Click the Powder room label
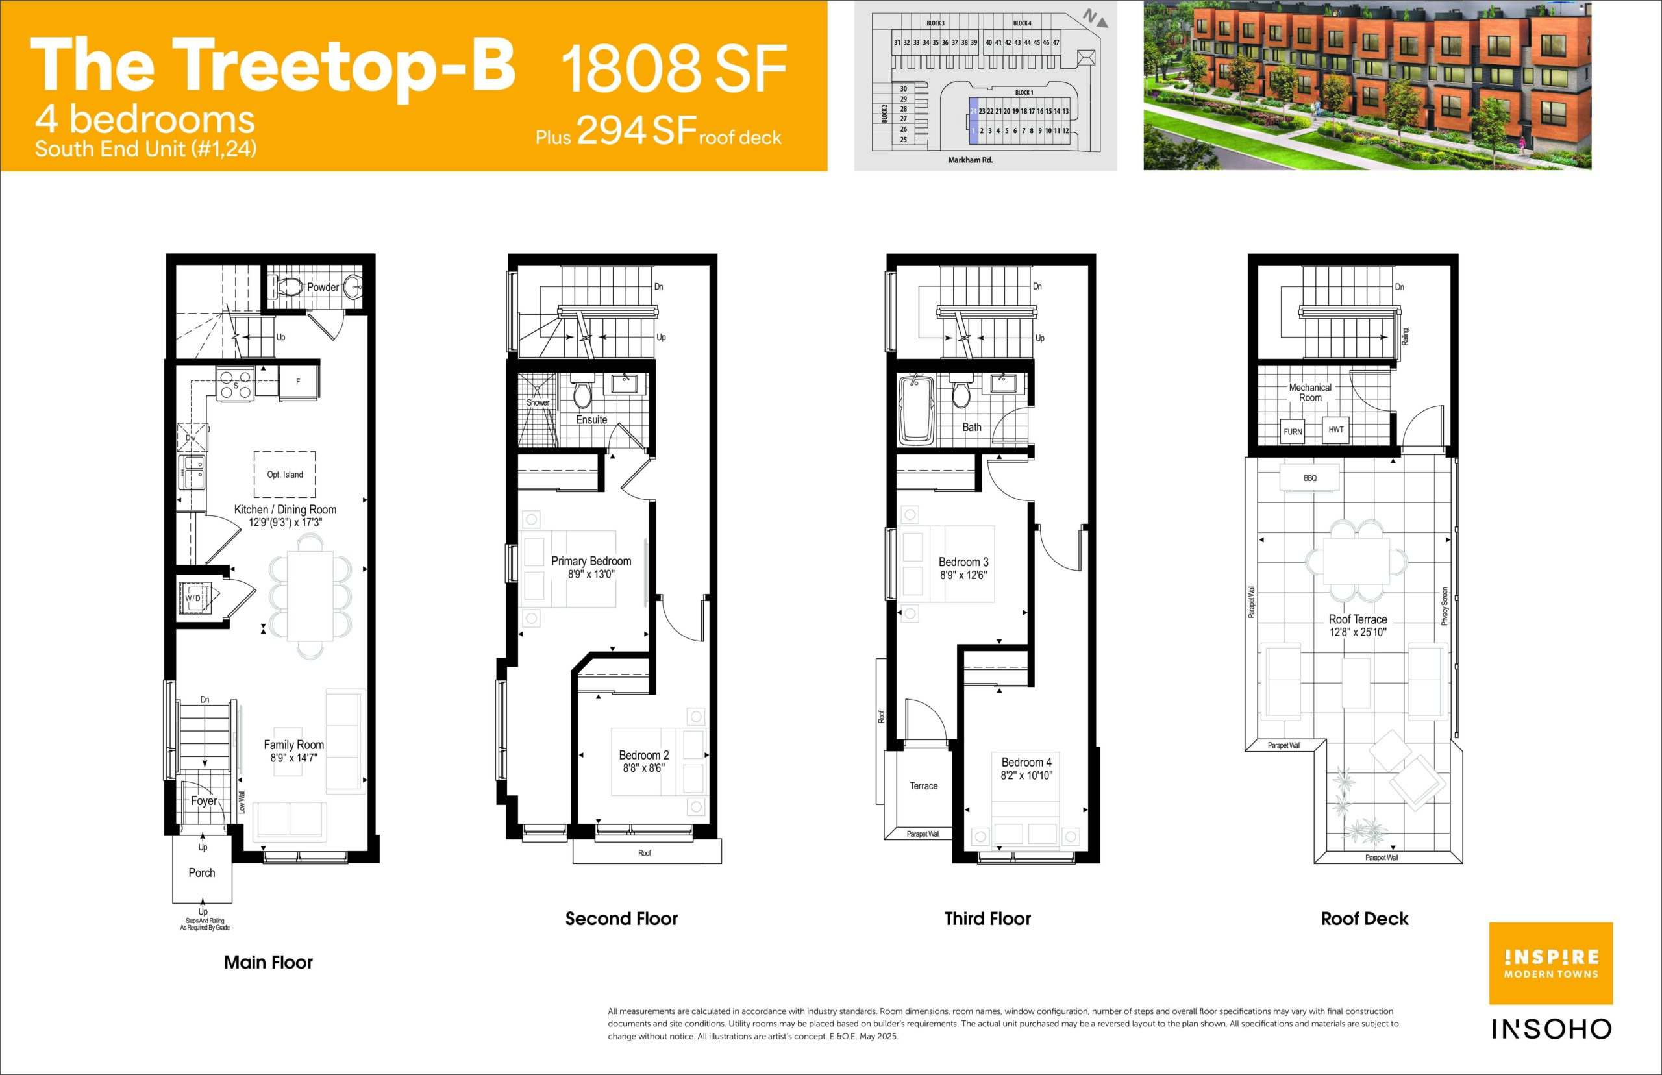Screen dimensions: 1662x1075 coord(323,287)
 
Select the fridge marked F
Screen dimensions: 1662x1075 coord(298,382)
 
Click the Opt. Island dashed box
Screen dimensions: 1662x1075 coord(285,475)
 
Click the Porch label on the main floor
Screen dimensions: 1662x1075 coord(202,872)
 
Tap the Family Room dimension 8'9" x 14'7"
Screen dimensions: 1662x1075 coord(294,758)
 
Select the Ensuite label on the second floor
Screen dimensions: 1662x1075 coord(591,419)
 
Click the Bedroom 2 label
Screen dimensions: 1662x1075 coord(643,756)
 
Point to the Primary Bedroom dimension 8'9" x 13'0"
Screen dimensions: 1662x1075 coord(591,575)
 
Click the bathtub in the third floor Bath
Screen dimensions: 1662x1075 coord(917,410)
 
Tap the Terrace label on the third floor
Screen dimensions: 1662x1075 coord(923,786)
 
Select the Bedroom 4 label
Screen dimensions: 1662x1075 coord(1026,762)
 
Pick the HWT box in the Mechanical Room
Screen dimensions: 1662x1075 coord(1335,429)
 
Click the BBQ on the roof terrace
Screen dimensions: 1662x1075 coord(1309,478)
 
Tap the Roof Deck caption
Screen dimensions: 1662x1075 coord(1365,919)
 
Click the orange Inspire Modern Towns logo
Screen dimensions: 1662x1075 coord(1551,963)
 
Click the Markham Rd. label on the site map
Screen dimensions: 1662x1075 coord(970,160)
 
